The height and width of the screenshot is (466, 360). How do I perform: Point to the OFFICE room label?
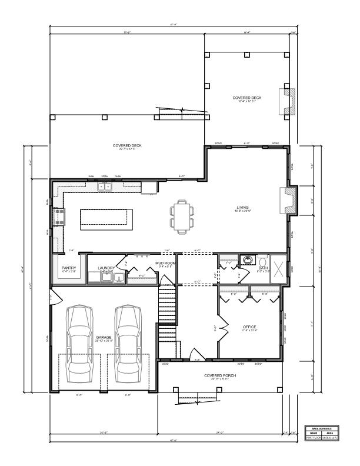(250, 327)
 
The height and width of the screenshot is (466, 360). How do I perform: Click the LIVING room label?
(242, 208)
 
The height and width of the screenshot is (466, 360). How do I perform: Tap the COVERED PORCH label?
(220, 375)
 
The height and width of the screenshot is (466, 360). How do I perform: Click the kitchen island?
(105, 218)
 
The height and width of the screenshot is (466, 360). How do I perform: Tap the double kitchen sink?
(105, 187)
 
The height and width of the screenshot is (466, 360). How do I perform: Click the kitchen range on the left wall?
(58, 217)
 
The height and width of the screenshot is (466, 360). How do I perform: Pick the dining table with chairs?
(181, 215)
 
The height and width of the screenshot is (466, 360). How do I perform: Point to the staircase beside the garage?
(167, 306)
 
